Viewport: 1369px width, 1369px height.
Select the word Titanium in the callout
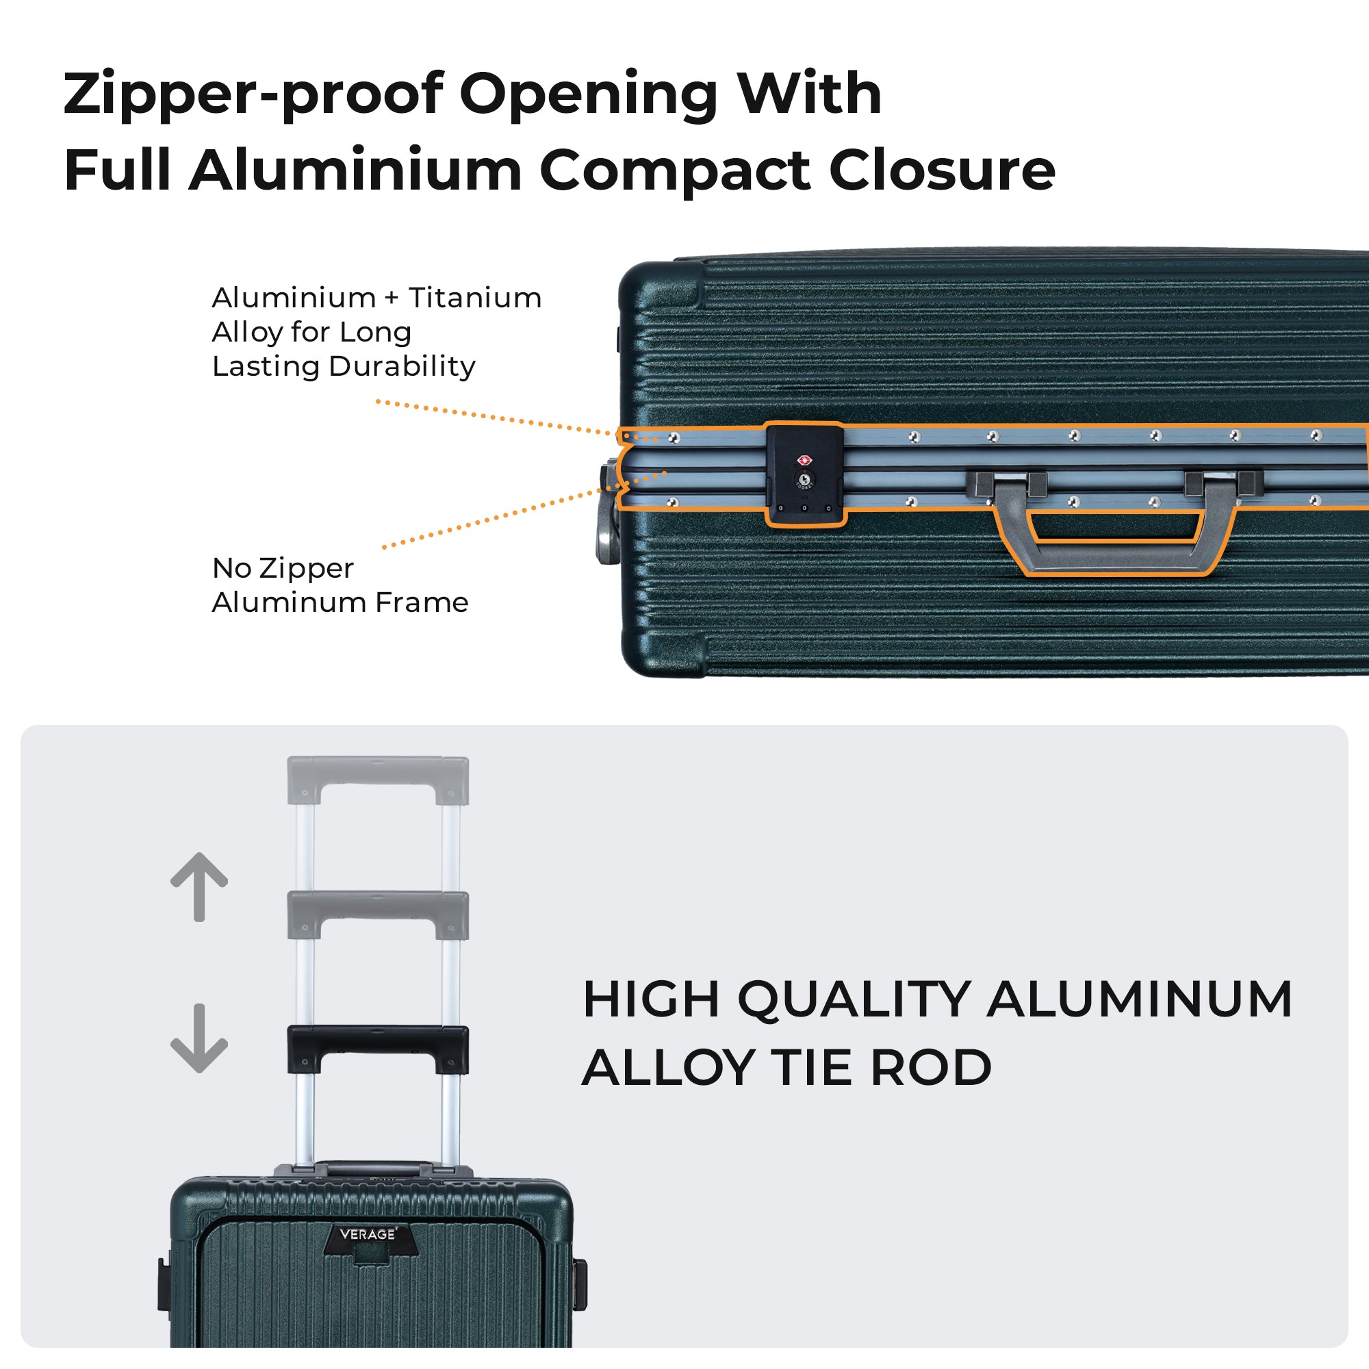(475, 298)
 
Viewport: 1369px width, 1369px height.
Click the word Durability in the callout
(402, 366)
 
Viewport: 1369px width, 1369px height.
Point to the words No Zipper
(283, 567)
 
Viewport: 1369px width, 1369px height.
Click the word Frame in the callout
(422, 602)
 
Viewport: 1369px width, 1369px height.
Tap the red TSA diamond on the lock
(804, 461)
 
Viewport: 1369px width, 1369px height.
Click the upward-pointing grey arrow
(199, 886)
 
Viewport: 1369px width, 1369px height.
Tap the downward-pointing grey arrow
(199, 1038)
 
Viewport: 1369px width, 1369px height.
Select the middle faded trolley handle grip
(378, 906)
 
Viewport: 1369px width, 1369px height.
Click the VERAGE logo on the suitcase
(368, 1233)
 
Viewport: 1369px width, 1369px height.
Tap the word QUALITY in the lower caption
(854, 1000)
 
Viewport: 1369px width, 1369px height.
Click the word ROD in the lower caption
(930, 1068)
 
